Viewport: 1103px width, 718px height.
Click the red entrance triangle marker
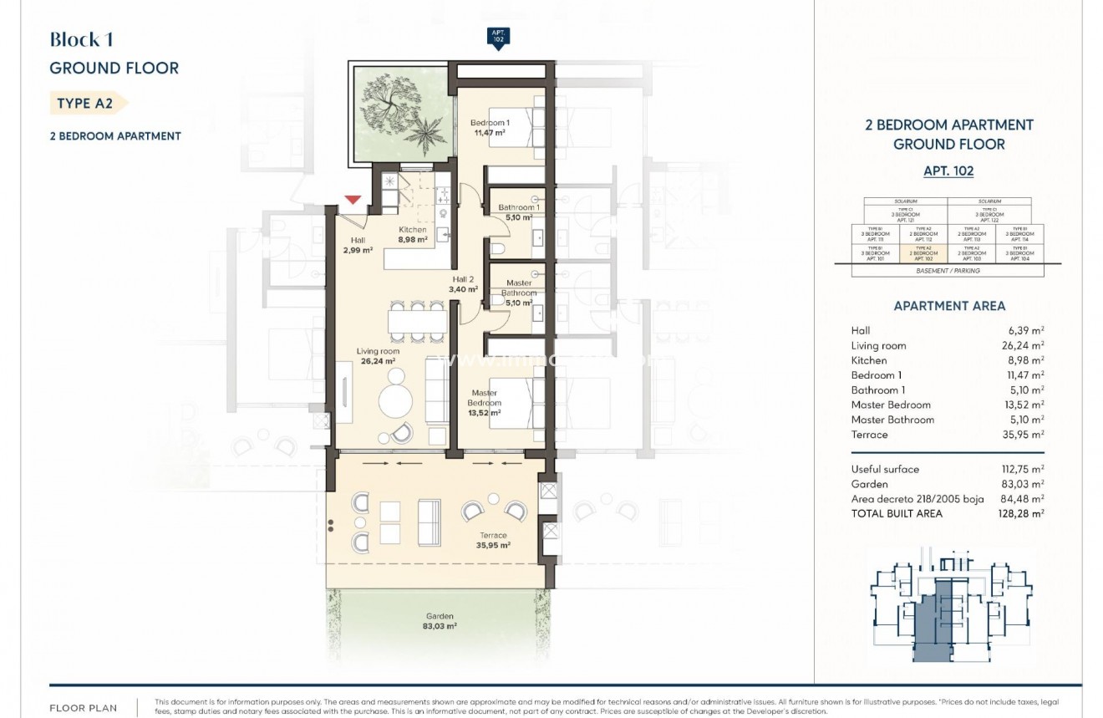click(x=353, y=200)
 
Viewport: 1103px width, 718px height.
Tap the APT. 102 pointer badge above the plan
click(x=498, y=38)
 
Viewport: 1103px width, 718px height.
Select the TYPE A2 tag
click(x=86, y=104)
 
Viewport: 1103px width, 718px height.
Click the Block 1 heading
click(x=81, y=39)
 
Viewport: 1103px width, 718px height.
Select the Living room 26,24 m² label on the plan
click(x=378, y=357)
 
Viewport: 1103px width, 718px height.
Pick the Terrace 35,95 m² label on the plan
click(x=493, y=540)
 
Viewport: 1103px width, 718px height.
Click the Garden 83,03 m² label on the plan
click(x=439, y=620)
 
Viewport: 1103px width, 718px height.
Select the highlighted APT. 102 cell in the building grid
click(x=923, y=253)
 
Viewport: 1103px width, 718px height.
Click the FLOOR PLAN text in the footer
click(x=84, y=708)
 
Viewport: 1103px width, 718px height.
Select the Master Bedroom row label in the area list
click(x=890, y=405)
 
